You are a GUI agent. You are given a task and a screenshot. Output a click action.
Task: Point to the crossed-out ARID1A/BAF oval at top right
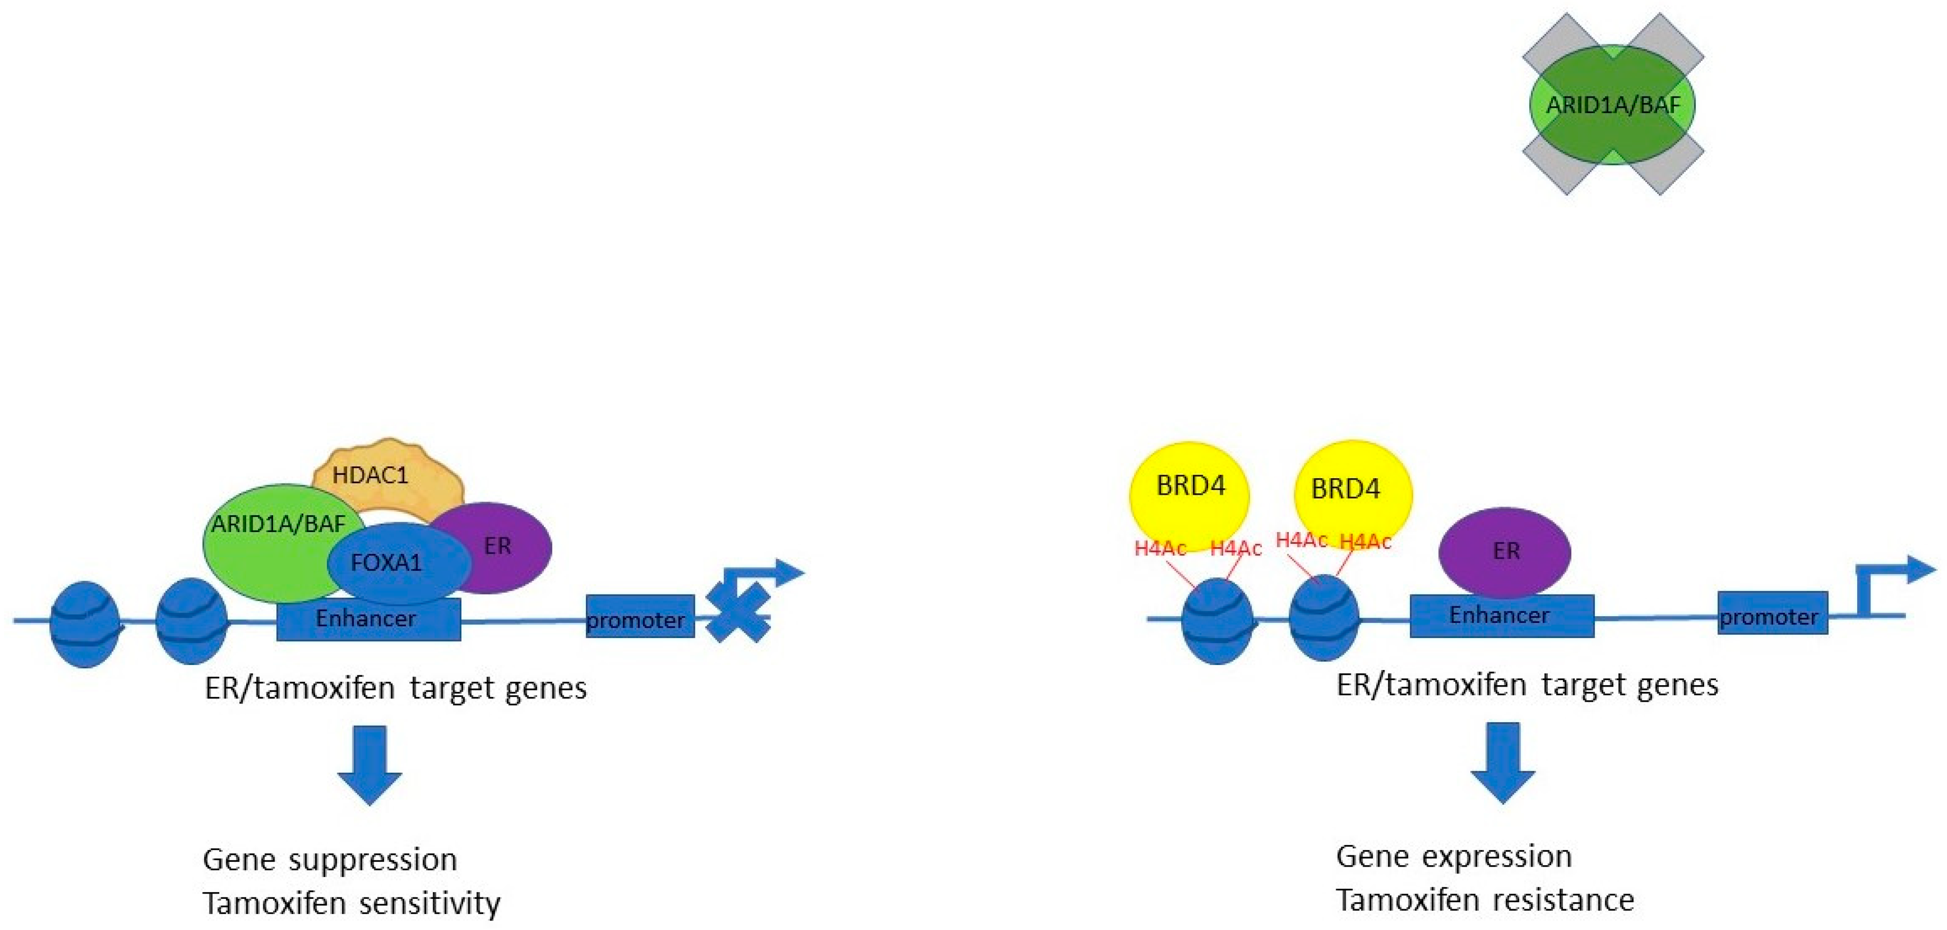(1612, 104)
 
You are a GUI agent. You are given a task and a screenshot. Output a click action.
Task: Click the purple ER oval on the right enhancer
(1505, 551)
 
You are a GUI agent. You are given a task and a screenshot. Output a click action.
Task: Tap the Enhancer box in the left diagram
(368, 619)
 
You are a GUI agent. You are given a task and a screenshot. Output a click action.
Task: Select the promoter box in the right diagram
(1772, 613)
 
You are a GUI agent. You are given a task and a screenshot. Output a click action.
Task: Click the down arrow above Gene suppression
(369, 764)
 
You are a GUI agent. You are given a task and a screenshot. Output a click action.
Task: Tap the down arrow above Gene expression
(1502, 761)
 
